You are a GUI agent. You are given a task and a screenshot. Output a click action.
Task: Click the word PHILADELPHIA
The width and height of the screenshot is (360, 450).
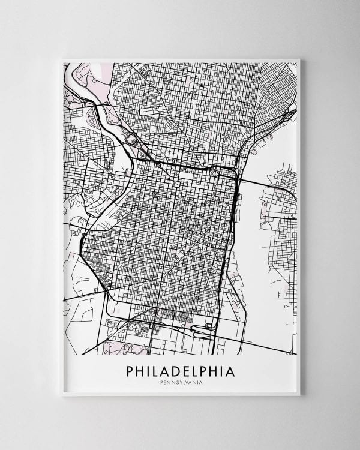pyautogui.click(x=181, y=371)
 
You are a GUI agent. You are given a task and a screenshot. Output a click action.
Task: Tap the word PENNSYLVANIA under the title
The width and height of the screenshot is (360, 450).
pyautogui.click(x=181, y=384)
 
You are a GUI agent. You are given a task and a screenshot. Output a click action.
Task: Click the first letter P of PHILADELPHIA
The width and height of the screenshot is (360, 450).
pyautogui.click(x=131, y=371)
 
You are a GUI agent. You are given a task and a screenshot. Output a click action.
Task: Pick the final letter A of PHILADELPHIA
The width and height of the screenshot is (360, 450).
pyautogui.click(x=230, y=371)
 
